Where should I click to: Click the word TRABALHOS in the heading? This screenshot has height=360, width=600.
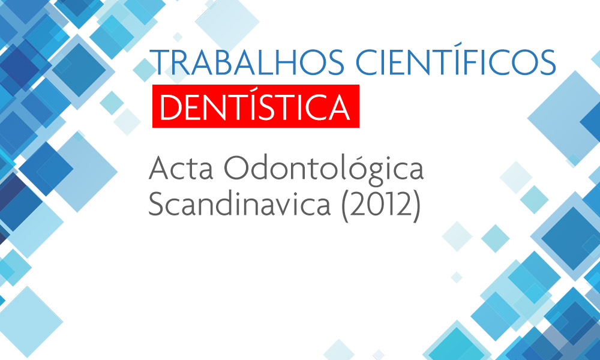(247, 62)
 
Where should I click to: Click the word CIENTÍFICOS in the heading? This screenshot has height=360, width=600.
(456, 61)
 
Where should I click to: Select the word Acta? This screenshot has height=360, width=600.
(181, 168)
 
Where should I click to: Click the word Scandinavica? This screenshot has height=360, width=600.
(239, 204)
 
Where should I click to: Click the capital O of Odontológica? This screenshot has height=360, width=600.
(236, 168)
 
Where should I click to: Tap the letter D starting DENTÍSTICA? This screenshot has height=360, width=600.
(170, 107)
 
